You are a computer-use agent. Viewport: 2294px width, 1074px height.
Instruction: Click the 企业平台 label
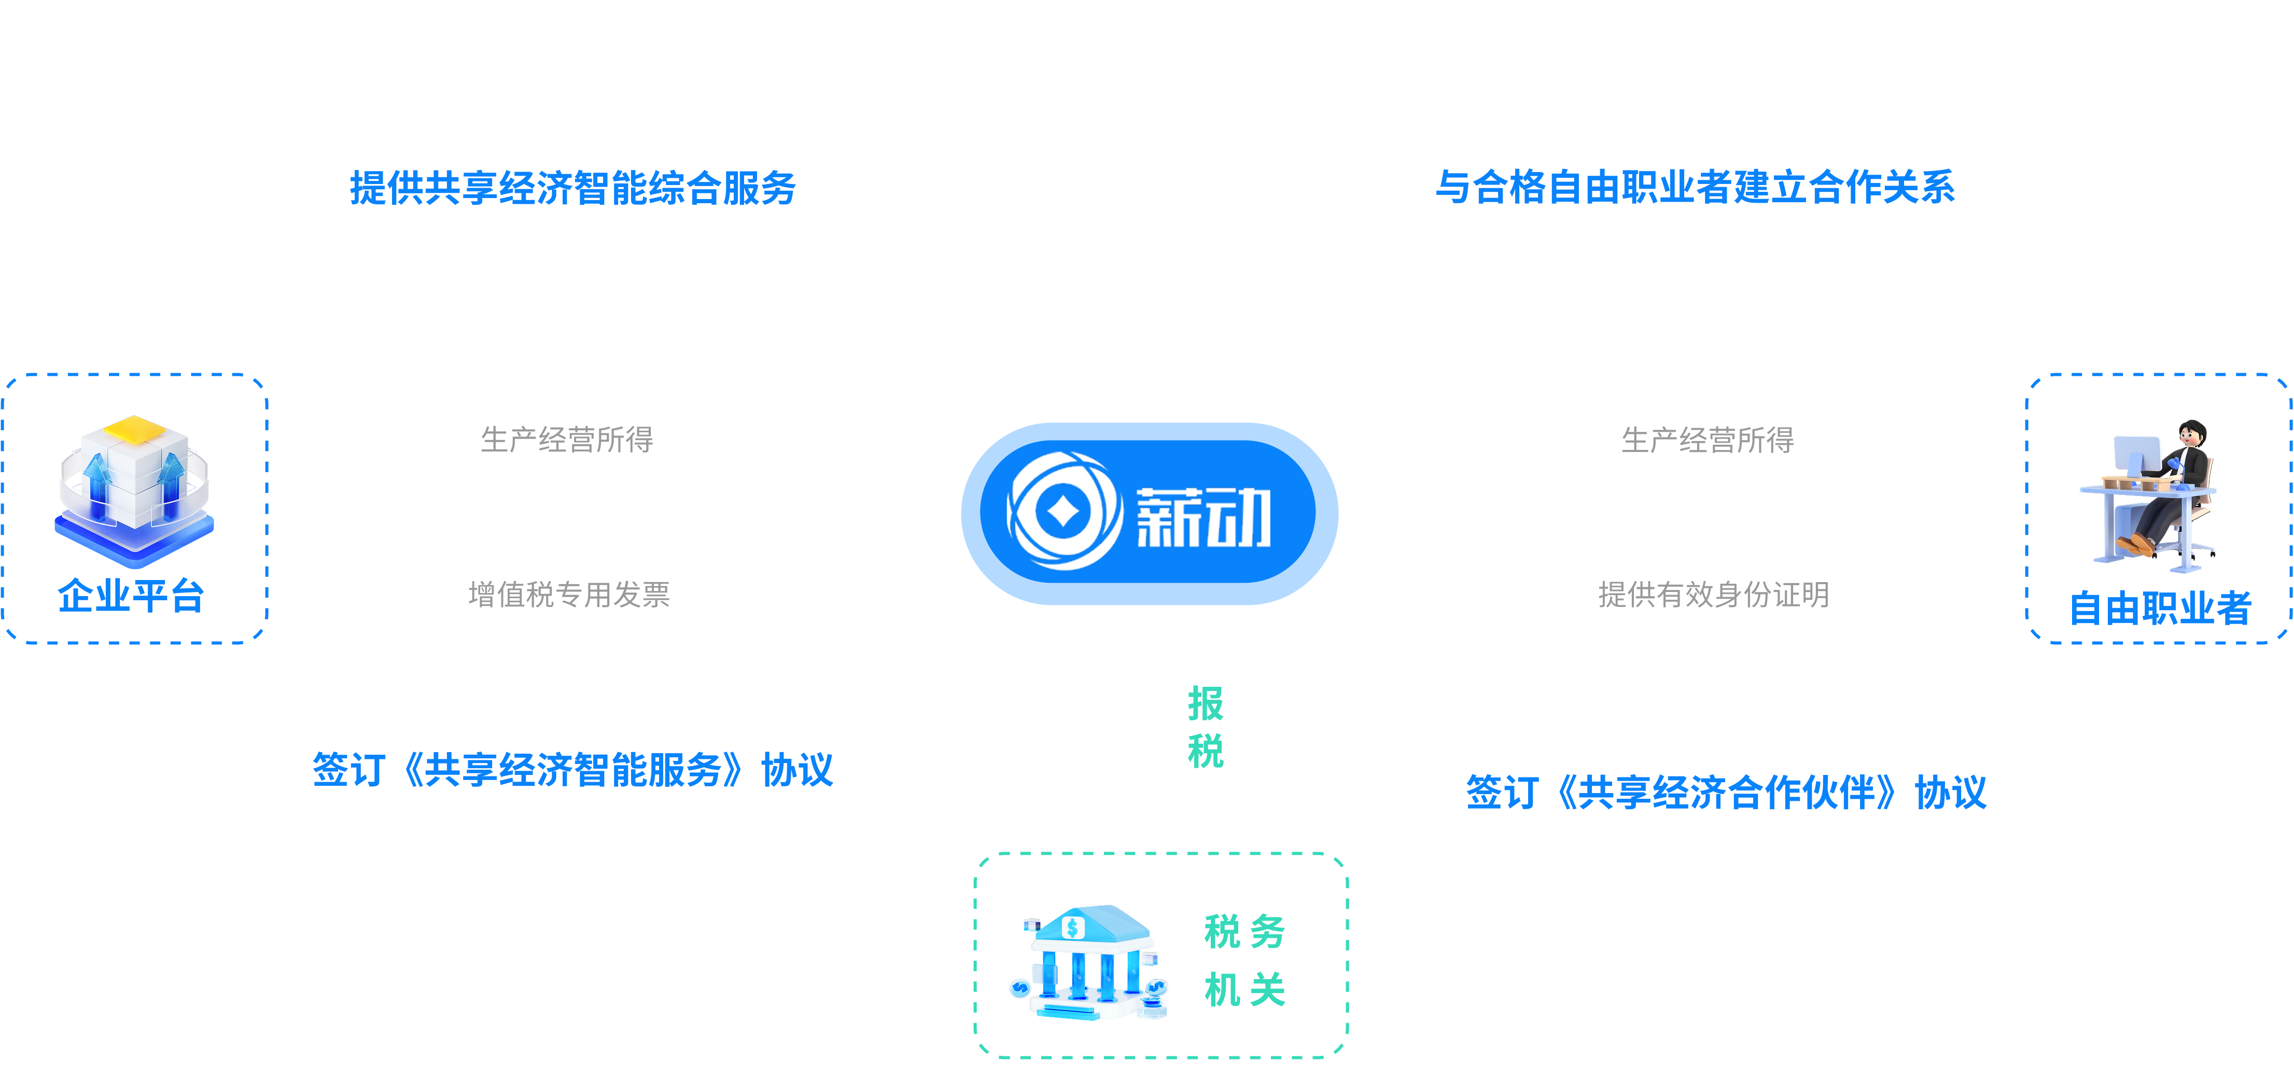(131, 595)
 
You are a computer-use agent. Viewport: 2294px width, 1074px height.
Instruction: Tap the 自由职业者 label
(2160, 608)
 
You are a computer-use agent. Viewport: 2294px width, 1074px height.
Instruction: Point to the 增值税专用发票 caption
(569, 594)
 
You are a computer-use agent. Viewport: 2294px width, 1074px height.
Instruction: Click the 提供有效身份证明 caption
(1713, 594)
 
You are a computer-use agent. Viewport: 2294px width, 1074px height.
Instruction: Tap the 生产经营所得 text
(1706, 439)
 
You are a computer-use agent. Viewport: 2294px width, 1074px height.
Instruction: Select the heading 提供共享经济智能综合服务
(572, 188)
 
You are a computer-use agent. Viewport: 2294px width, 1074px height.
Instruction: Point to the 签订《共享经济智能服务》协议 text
(572, 769)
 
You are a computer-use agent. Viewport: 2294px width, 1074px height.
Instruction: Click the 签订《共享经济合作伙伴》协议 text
(1726, 792)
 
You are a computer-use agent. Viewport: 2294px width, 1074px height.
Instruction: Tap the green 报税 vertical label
(1205, 727)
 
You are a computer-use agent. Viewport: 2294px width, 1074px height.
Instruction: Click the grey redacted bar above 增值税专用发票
(613, 439)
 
